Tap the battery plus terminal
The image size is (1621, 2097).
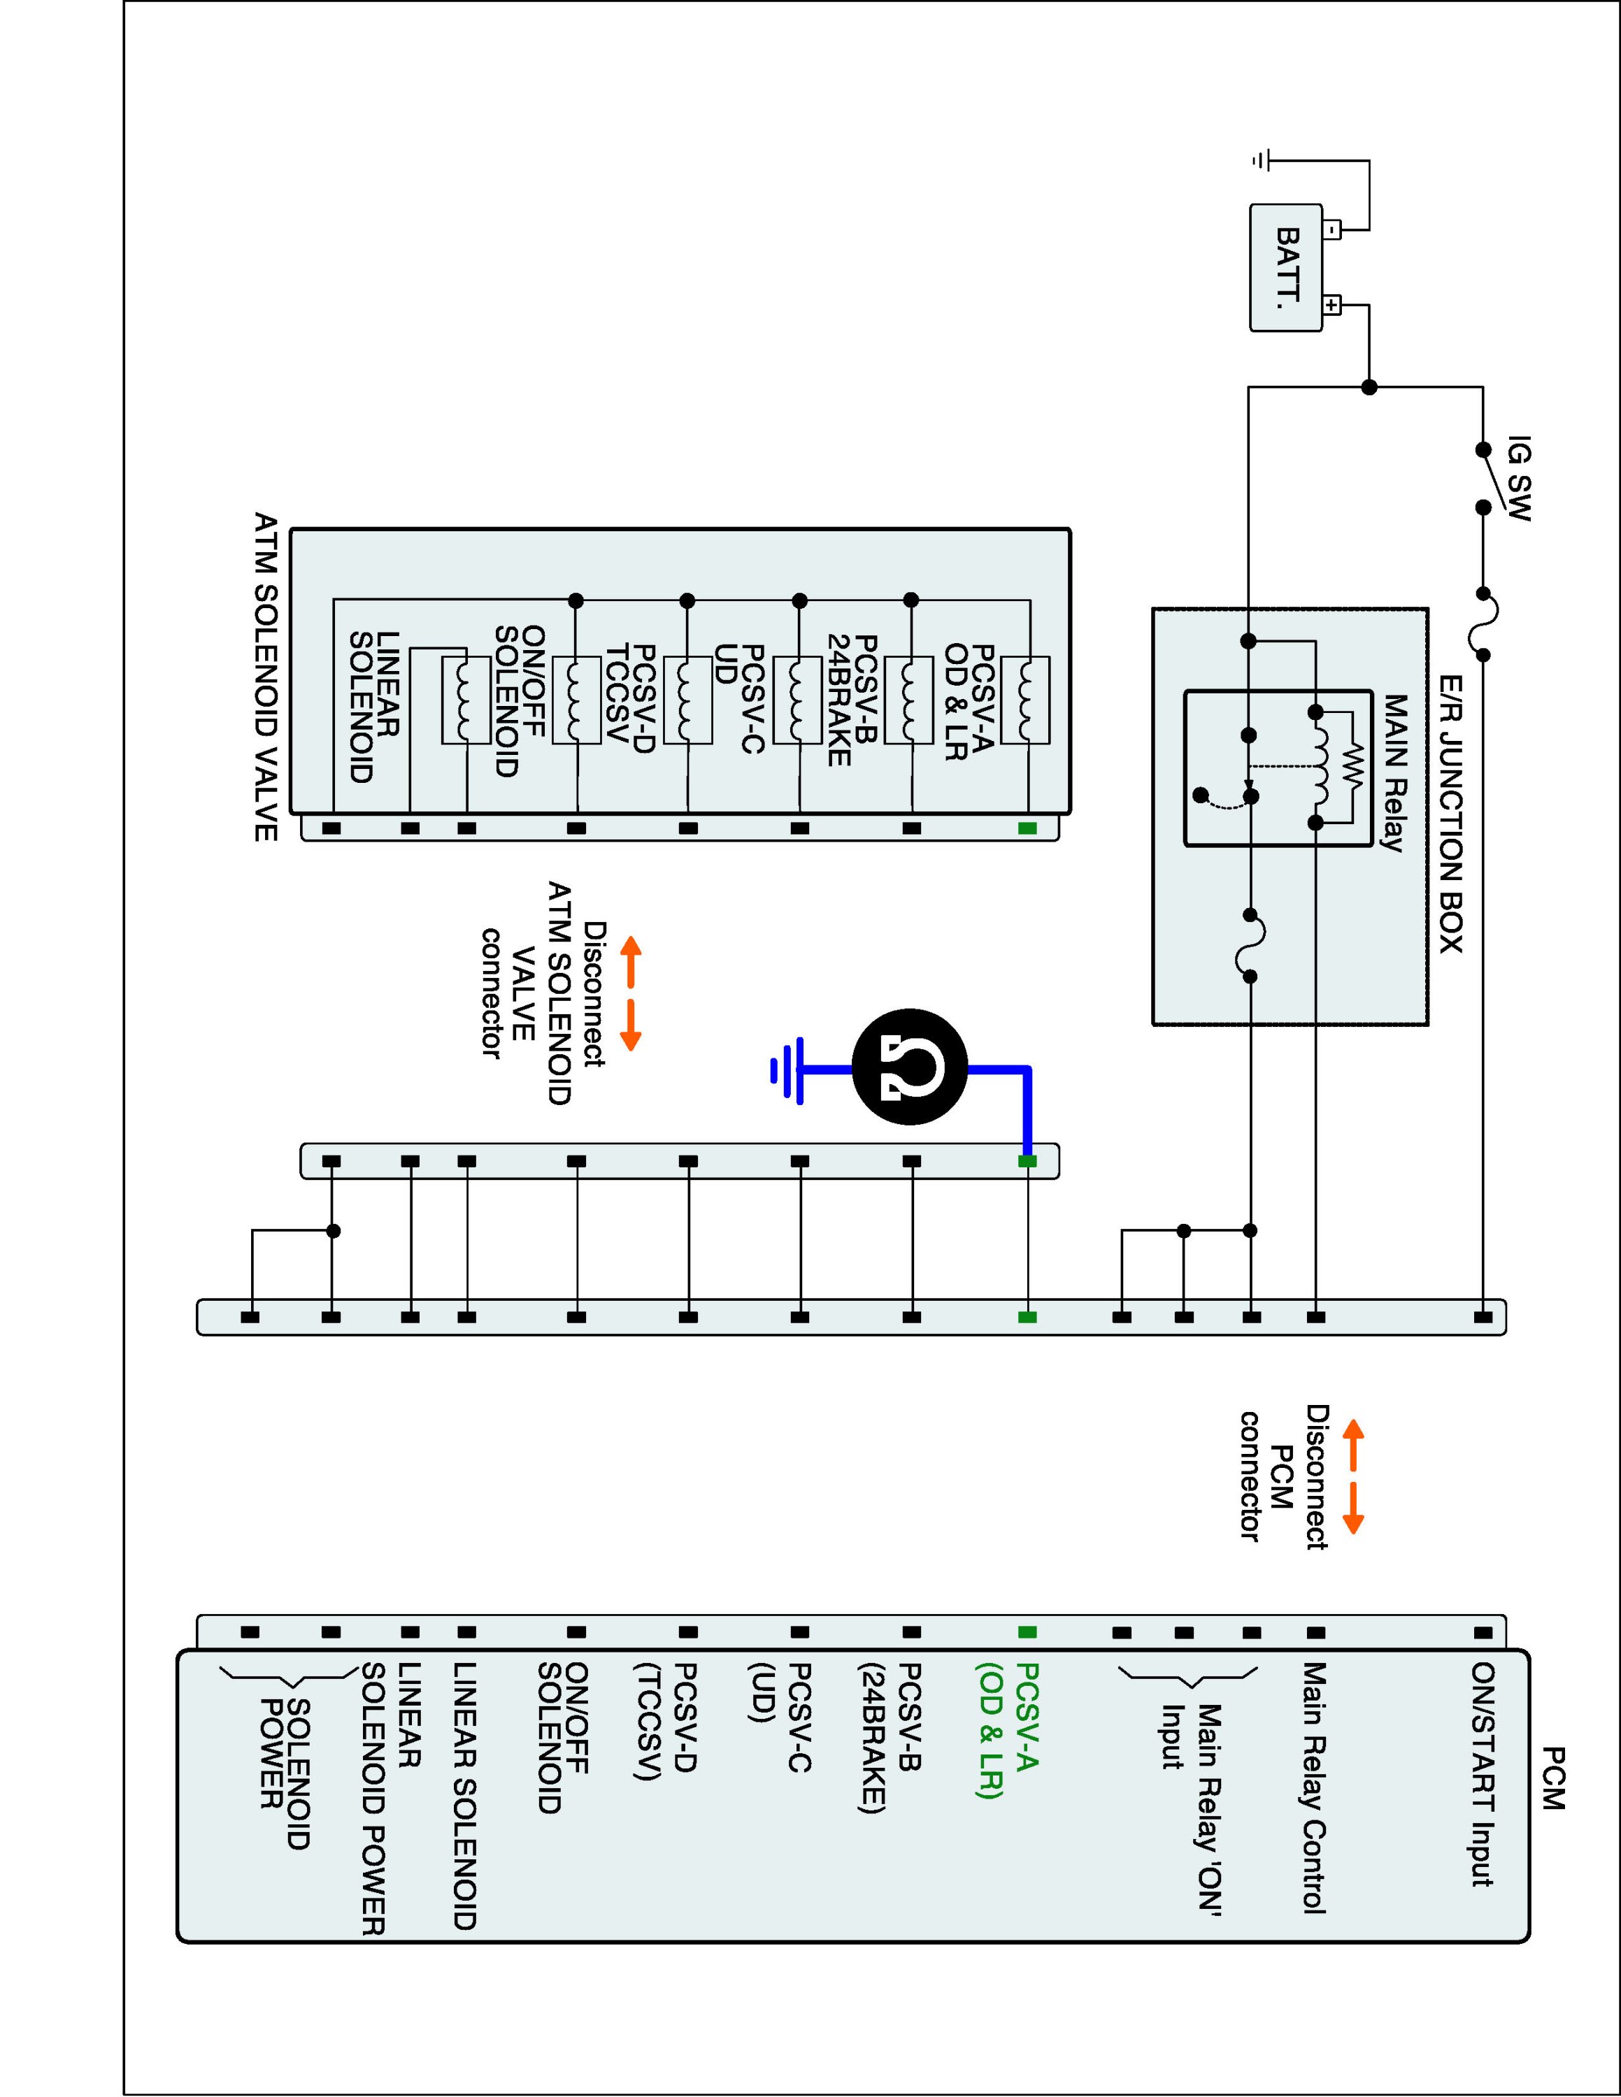tap(1332, 305)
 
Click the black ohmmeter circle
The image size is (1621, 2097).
tap(911, 1067)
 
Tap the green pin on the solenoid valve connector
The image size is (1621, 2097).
tap(1027, 828)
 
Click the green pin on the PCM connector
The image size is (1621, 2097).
tap(1027, 1631)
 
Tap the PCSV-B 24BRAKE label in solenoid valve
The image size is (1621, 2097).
tap(852, 700)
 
